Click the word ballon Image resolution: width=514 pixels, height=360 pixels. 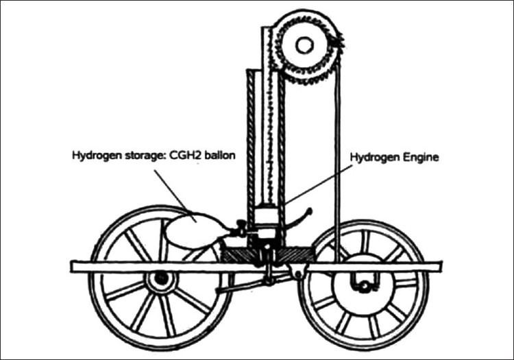[x=219, y=155]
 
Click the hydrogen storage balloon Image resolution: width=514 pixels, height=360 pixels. [x=193, y=230]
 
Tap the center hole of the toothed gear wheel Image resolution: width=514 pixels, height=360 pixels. [x=304, y=45]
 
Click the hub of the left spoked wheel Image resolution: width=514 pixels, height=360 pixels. [x=161, y=279]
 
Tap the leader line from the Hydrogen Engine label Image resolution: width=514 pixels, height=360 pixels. [x=319, y=184]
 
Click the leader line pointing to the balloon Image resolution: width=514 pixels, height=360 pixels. [x=175, y=196]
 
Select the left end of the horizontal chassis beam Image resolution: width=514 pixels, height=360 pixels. [x=71, y=267]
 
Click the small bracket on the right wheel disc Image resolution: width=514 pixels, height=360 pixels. [x=364, y=283]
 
